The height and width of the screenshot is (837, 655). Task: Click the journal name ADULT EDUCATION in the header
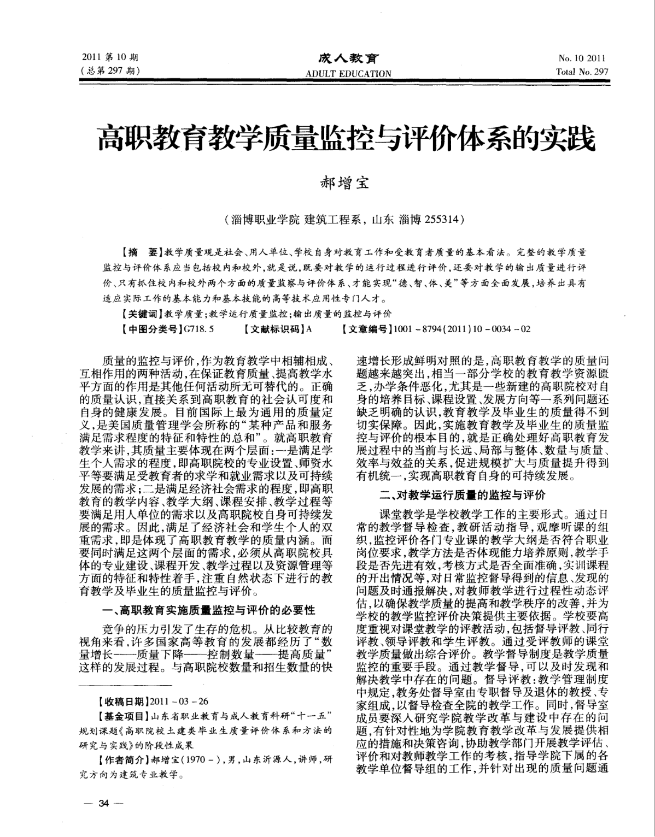click(x=348, y=73)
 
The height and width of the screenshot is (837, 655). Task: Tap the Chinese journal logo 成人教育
click(x=348, y=58)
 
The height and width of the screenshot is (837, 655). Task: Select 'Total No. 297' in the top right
click(x=582, y=72)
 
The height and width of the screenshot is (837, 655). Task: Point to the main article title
click(x=346, y=139)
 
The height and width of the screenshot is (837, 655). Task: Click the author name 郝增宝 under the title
click(x=344, y=182)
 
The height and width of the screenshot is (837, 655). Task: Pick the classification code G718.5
click(x=200, y=329)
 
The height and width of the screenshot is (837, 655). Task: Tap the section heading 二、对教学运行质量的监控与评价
click(x=463, y=495)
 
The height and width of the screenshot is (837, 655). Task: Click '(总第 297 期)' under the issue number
click(x=109, y=71)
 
